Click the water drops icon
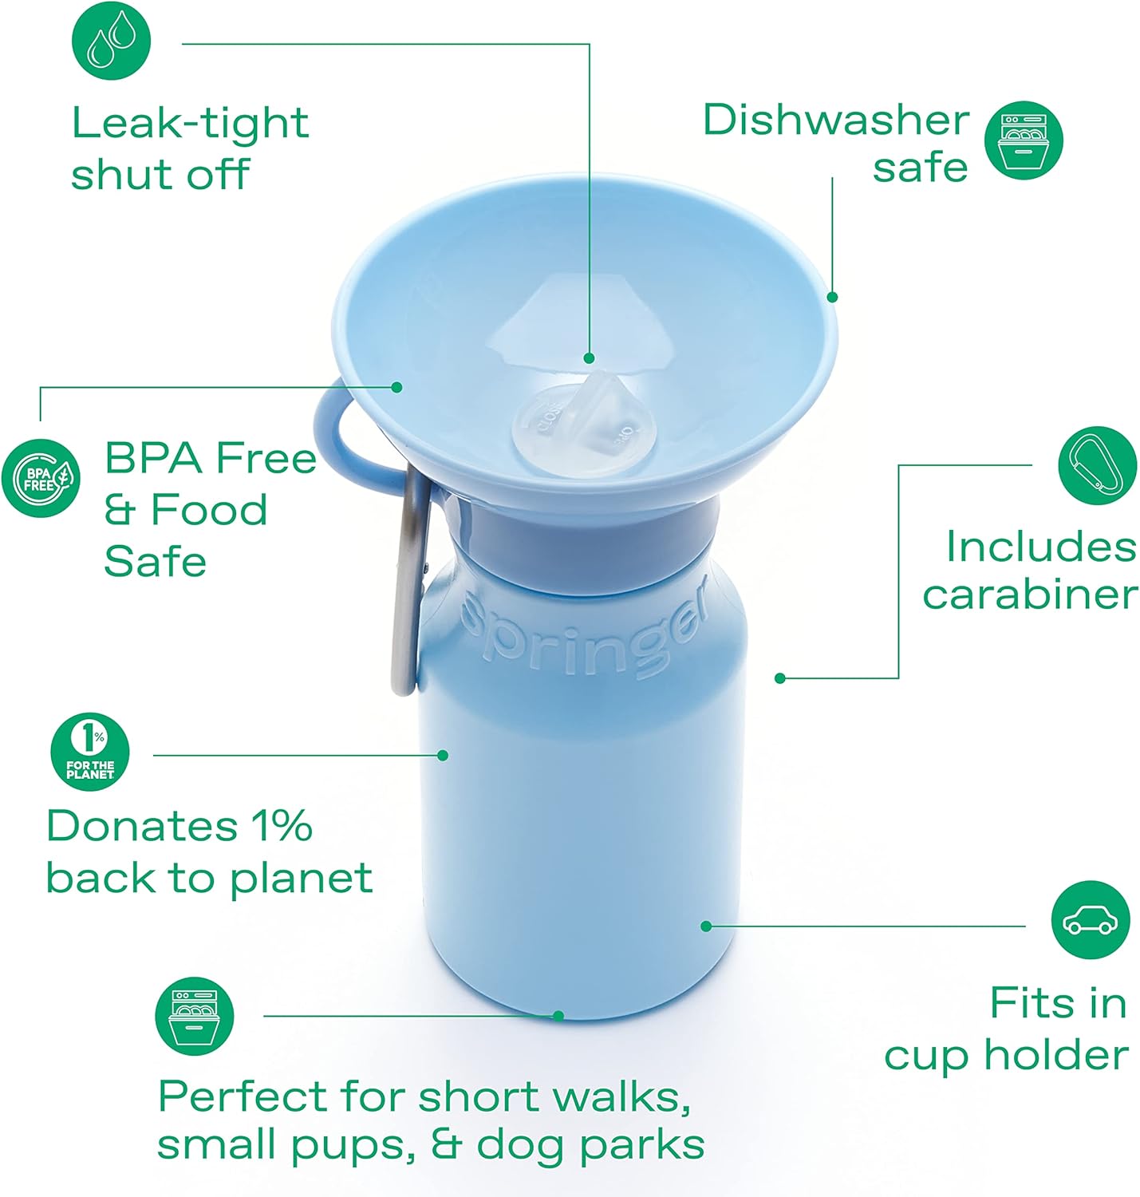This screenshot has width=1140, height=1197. [x=111, y=41]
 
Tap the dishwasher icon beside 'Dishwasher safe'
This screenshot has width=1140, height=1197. [x=1024, y=140]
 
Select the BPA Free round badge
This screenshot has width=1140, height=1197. [x=41, y=478]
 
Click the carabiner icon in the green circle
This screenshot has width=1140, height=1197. [x=1097, y=465]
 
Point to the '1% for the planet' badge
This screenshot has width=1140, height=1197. [x=90, y=751]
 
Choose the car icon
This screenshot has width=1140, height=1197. [x=1091, y=920]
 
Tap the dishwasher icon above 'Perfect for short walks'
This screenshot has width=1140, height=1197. [x=195, y=1016]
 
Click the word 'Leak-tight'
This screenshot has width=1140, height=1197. [x=190, y=123]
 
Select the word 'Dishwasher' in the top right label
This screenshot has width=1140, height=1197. [x=835, y=120]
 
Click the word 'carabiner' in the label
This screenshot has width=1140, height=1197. [x=1030, y=595]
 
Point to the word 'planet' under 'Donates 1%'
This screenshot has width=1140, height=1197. [x=301, y=879]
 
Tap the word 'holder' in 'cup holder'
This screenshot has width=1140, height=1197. [x=1055, y=1055]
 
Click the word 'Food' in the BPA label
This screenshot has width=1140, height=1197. [x=209, y=510]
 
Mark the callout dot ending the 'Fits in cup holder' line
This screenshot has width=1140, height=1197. [x=706, y=926]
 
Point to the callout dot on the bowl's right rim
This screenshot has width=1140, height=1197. [x=832, y=297]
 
